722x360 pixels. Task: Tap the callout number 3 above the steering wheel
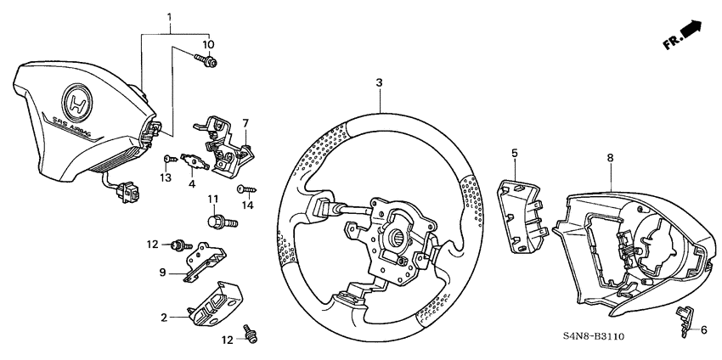380,82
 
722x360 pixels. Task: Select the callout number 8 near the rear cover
610,157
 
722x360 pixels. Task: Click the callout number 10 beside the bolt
208,43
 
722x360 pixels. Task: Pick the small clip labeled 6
685,320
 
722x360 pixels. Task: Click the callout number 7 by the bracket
245,123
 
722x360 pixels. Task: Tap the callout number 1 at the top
170,18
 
